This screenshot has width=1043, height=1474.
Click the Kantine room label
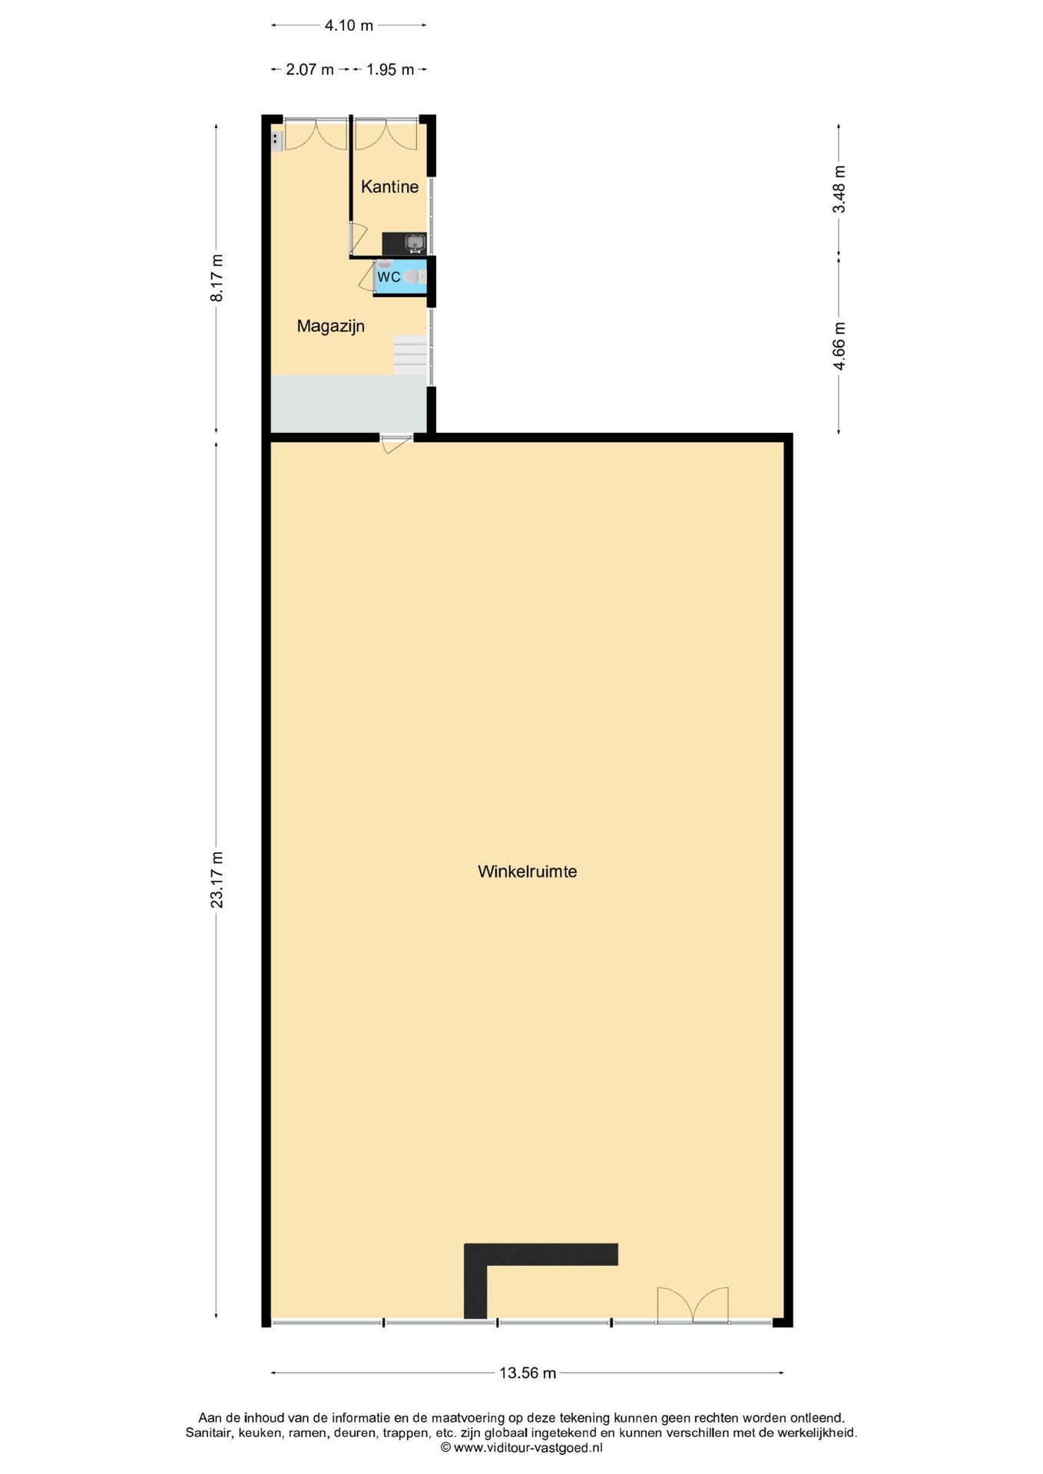pyautogui.click(x=389, y=187)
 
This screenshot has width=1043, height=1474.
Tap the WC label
pyautogui.click(x=389, y=277)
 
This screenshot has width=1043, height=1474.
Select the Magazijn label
pyautogui.click(x=330, y=326)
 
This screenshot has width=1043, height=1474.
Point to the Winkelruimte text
pyautogui.click(x=527, y=872)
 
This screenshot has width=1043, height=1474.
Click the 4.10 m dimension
pyautogui.click(x=349, y=25)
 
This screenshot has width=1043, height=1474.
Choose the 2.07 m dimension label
pyautogui.click(x=310, y=70)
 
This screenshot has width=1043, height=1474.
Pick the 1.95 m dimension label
pyautogui.click(x=390, y=70)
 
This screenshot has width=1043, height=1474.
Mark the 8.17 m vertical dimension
pyautogui.click(x=217, y=278)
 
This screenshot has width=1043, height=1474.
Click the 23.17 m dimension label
pyautogui.click(x=217, y=880)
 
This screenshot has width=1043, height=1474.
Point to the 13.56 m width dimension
pyautogui.click(x=528, y=1373)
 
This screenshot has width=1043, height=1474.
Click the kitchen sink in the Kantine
pyautogui.click(x=415, y=243)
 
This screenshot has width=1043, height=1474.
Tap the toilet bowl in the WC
pyautogui.click(x=412, y=276)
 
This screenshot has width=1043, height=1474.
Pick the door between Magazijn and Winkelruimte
pyautogui.click(x=396, y=443)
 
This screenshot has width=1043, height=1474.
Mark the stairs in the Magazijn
pyautogui.click(x=410, y=355)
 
